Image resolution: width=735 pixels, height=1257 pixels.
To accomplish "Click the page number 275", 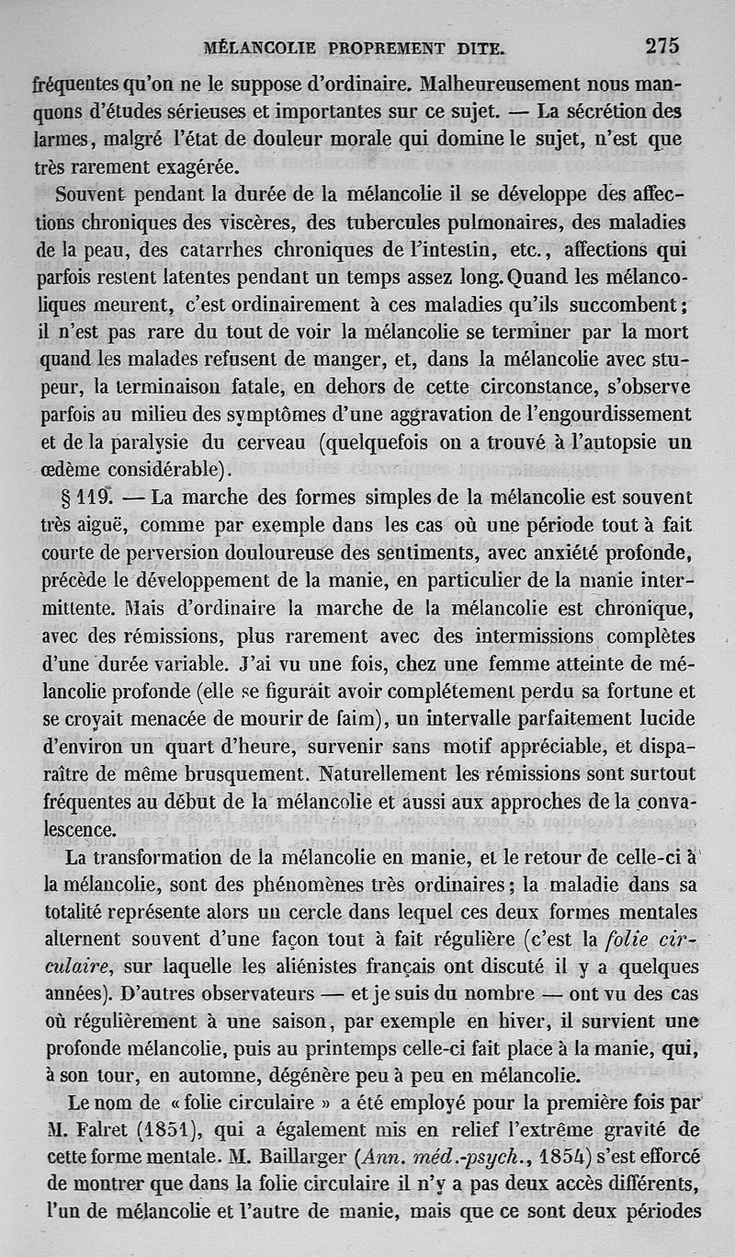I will click(661, 47).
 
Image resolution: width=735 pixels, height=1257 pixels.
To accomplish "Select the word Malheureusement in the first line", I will click(502, 85).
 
